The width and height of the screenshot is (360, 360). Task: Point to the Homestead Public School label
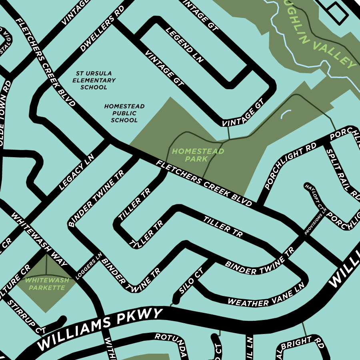tap(124, 113)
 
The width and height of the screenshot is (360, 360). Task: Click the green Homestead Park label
tap(198, 155)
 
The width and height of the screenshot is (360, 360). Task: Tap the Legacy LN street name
tap(76, 172)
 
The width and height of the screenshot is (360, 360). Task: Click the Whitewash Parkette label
tap(47, 284)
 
